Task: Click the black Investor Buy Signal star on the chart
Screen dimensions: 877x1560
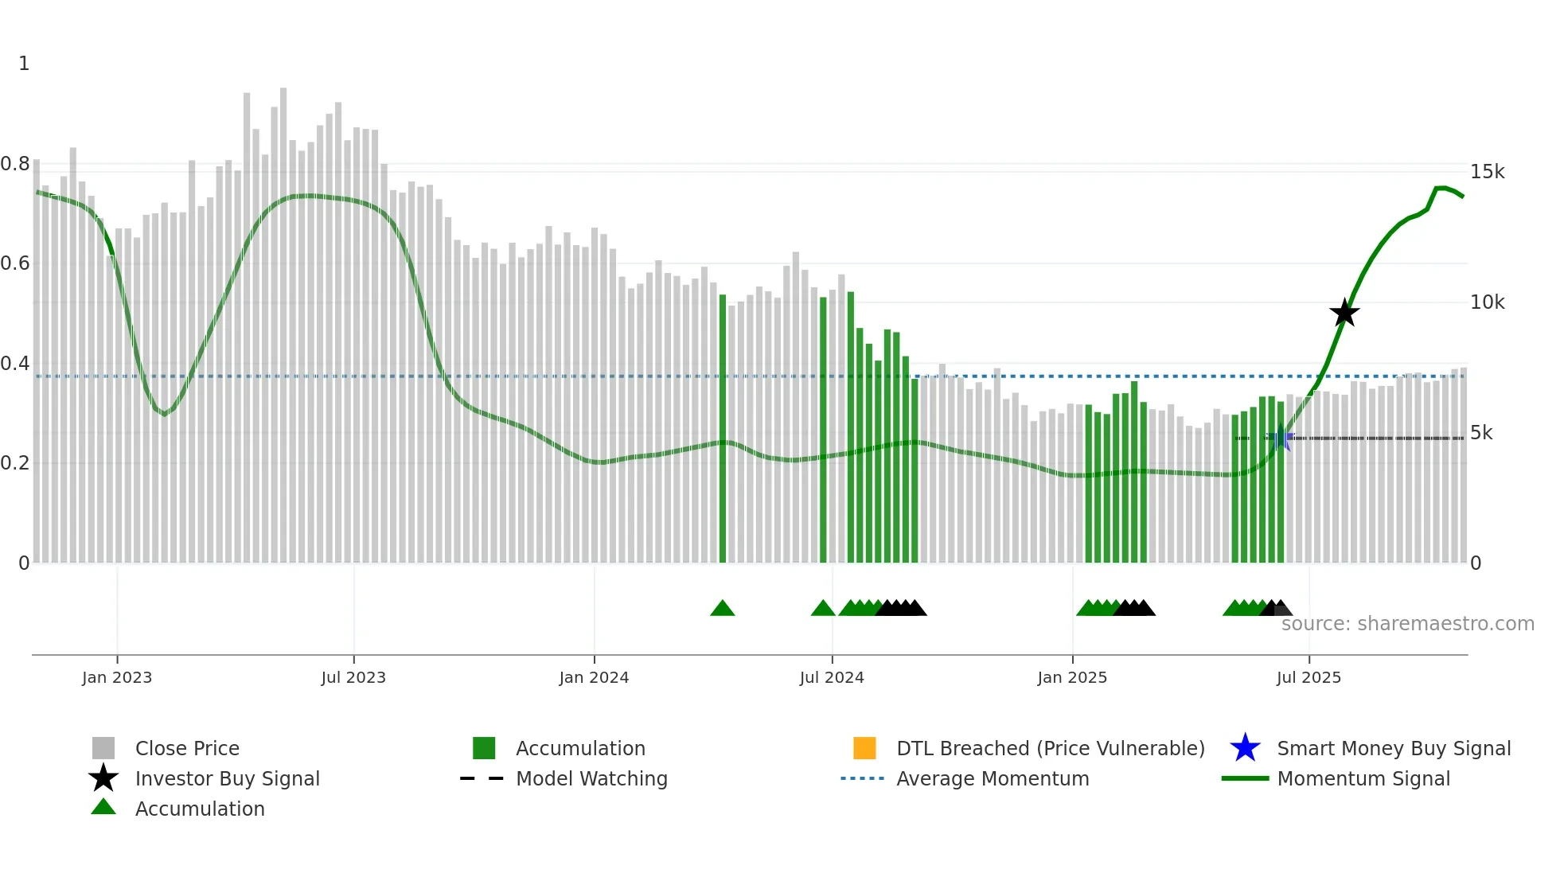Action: tap(1344, 313)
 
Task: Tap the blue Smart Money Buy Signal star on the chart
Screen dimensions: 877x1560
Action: tap(1280, 438)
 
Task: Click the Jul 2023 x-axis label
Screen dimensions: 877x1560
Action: tap(353, 677)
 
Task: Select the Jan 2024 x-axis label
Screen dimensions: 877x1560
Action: tap(594, 677)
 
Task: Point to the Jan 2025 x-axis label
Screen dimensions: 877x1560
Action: tap(1072, 677)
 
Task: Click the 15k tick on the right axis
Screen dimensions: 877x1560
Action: tap(1487, 172)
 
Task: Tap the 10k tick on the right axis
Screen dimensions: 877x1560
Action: tap(1487, 302)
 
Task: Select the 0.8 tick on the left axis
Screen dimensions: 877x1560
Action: tap(15, 164)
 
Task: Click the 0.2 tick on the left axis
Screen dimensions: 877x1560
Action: tap(15, 462)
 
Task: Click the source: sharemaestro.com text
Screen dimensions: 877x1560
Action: tap(1407, 624)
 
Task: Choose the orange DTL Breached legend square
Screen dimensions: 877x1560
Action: tap(864, 748)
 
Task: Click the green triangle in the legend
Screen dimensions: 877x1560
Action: tap(103, 808)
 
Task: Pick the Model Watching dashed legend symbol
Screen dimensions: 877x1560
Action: tap(482, 778)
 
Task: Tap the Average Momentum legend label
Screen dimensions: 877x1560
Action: tap(993, 778)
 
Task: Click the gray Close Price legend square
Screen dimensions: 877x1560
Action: tap(103, 748)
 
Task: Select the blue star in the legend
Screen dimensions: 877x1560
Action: tap(1245, 748)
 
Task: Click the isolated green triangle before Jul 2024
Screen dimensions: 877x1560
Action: tap(722, 608)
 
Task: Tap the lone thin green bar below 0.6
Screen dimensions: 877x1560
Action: tap(723, 430)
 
